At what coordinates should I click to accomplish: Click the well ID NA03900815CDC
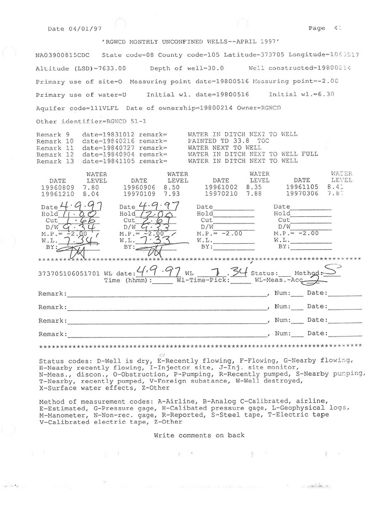[x=63, y=55]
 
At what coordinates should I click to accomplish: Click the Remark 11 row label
[x=55, y=147]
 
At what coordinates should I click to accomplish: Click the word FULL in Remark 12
[x=307, y=154]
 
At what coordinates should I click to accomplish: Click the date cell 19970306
[x=302, y=194]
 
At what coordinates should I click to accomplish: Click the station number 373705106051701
[x=69, y=274]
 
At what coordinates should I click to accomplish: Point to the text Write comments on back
[x=199, y=435]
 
